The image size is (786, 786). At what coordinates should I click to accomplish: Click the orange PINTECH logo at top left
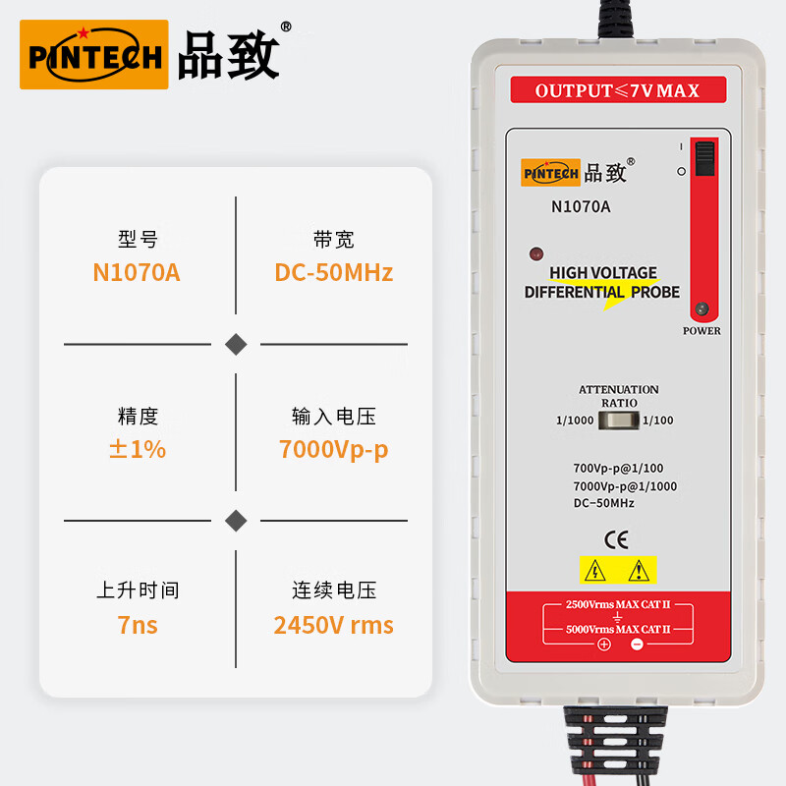click(x=94, y=55)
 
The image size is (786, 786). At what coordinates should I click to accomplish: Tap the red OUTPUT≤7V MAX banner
click(x=617, y=90)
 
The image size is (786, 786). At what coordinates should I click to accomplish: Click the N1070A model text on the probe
click(x=581, y=206)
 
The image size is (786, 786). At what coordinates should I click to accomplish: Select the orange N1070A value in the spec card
click(x=137, y=272)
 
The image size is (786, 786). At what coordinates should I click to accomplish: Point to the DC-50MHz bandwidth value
click(x=333, y=272)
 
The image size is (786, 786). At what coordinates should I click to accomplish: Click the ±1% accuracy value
click(x=137, y=449)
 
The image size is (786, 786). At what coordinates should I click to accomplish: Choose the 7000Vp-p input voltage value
click(x=333, y=449)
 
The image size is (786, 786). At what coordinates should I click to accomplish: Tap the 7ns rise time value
click(x=137, y=625)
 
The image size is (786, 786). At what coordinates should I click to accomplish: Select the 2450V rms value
click(x=333, y=625)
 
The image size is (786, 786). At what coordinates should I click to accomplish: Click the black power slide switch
click(x=703, y=158)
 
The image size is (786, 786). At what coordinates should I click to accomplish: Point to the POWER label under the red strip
click(x=702, y=331)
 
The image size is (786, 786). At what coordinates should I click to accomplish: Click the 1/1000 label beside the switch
click(x=574, y=421)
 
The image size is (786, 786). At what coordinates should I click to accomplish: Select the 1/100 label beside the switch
click(x=658, y=421)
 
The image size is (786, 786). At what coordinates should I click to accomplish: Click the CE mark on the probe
click(x=616, y=538)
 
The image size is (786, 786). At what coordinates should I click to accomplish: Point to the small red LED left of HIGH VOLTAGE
click(x=535, y=253)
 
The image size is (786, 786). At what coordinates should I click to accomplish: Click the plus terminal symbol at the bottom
click(x=604, y=645)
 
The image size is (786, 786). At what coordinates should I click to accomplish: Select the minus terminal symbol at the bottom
click(x=636, y=645)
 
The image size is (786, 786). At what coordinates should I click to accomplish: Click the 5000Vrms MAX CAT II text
click(x=618, y=629)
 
